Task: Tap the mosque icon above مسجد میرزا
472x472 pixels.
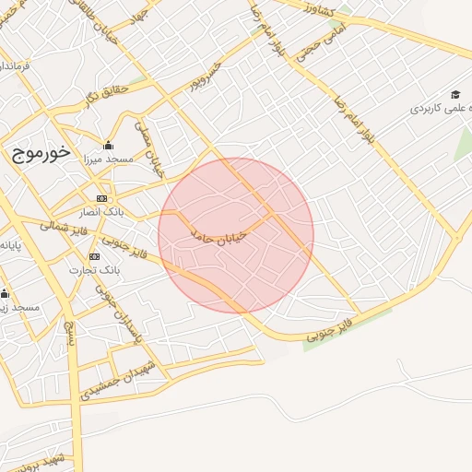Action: pyautogui.click(x=108, y=145)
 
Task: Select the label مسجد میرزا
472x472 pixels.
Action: pyautogui.click(x=108, y=159)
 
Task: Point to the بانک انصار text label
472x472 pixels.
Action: pyautogui.click(x=101, y=212)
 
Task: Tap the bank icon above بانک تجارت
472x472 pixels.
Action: pyautogui.click(x=94, y=255)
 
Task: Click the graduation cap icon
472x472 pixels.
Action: pyautogui.click(x=455, y=94)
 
